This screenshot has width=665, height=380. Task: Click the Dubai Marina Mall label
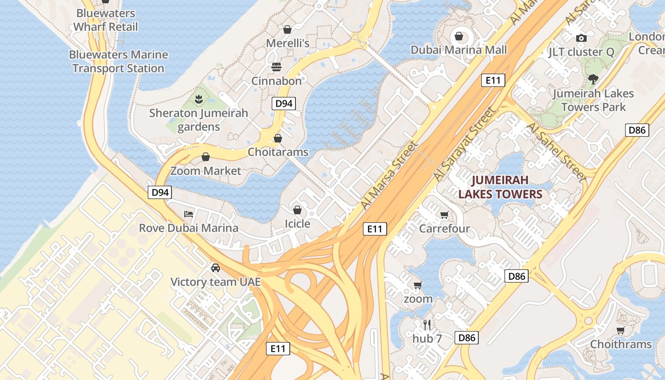click(459, 50)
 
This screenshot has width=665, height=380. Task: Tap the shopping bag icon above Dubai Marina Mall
click(459, 36)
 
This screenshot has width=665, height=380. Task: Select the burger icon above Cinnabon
click(276, 67)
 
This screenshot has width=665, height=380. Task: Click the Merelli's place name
click(287, 43)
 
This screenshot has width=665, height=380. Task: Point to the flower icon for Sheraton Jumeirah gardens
click(198, 99)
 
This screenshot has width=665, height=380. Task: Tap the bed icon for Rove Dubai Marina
click(189, 214)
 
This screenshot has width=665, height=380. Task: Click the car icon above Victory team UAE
click(216, 268)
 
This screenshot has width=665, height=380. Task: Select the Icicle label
click(297, 224)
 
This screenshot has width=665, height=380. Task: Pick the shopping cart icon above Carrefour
click(444, 215)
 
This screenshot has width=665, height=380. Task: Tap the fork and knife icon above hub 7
click(427, 325)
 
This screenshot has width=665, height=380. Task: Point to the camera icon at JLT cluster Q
click(581, 38)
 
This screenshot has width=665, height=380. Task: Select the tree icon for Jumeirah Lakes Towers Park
click(593, 79)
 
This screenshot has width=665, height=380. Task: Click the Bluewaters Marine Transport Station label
click(118, 62)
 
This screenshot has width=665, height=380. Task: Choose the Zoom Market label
click(206, 171)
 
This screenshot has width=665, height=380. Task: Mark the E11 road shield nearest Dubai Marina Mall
click(493, 80)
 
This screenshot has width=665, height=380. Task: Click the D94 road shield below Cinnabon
click(284, 104)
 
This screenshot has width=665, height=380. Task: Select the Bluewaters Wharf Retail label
click(105, 20)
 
